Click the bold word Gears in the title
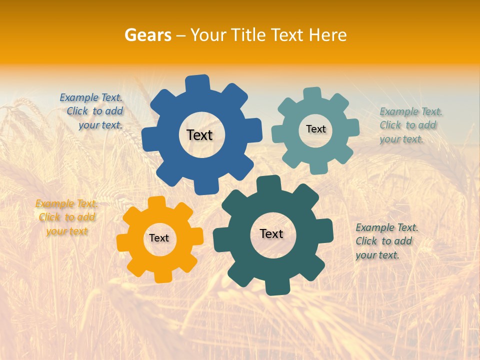pyautogui.click(x=147, y=35)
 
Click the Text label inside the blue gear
pyautogui.click(x=199, y=135)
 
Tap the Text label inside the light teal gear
pyautogui.click(x=315, y=129)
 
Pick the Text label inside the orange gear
pyautogui.click(x=159, y=238)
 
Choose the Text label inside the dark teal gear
pyautogui.click(x=271, y=233)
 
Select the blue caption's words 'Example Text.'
pyautogui.click(x=91, y=97)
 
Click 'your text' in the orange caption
pyautogui.click(x=67, y=231)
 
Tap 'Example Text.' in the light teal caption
pyautogui.click(x=411, y=111)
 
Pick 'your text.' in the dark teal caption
pyautogui.click(x=377, y=255)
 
